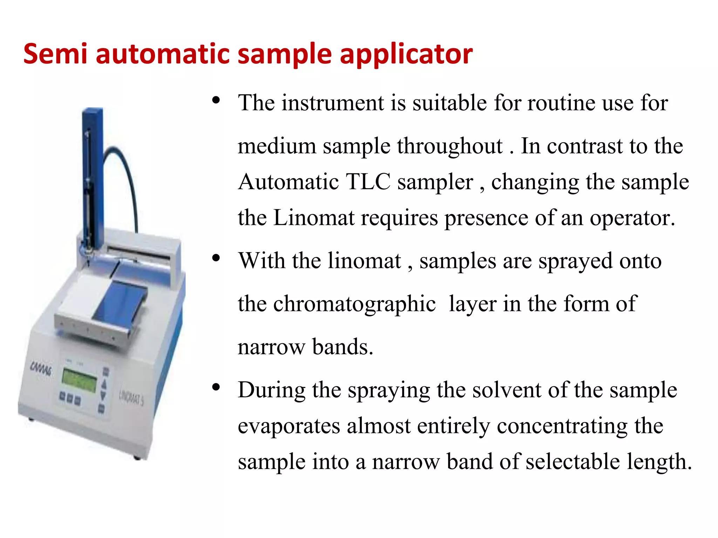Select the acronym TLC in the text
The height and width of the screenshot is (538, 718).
click(368, 182)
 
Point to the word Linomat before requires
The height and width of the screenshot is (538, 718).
click(314, 218)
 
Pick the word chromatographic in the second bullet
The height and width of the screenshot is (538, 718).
click(337, 304)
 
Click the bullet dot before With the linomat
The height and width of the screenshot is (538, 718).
click(216, 258)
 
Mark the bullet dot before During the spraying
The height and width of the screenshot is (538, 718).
click(216, 387)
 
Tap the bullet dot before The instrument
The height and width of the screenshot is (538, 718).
click(216, 101)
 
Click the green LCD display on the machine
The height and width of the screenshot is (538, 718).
click(79, 380)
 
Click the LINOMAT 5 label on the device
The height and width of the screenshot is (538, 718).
click(131, 398)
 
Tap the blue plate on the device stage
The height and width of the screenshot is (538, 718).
click(119, 301)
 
